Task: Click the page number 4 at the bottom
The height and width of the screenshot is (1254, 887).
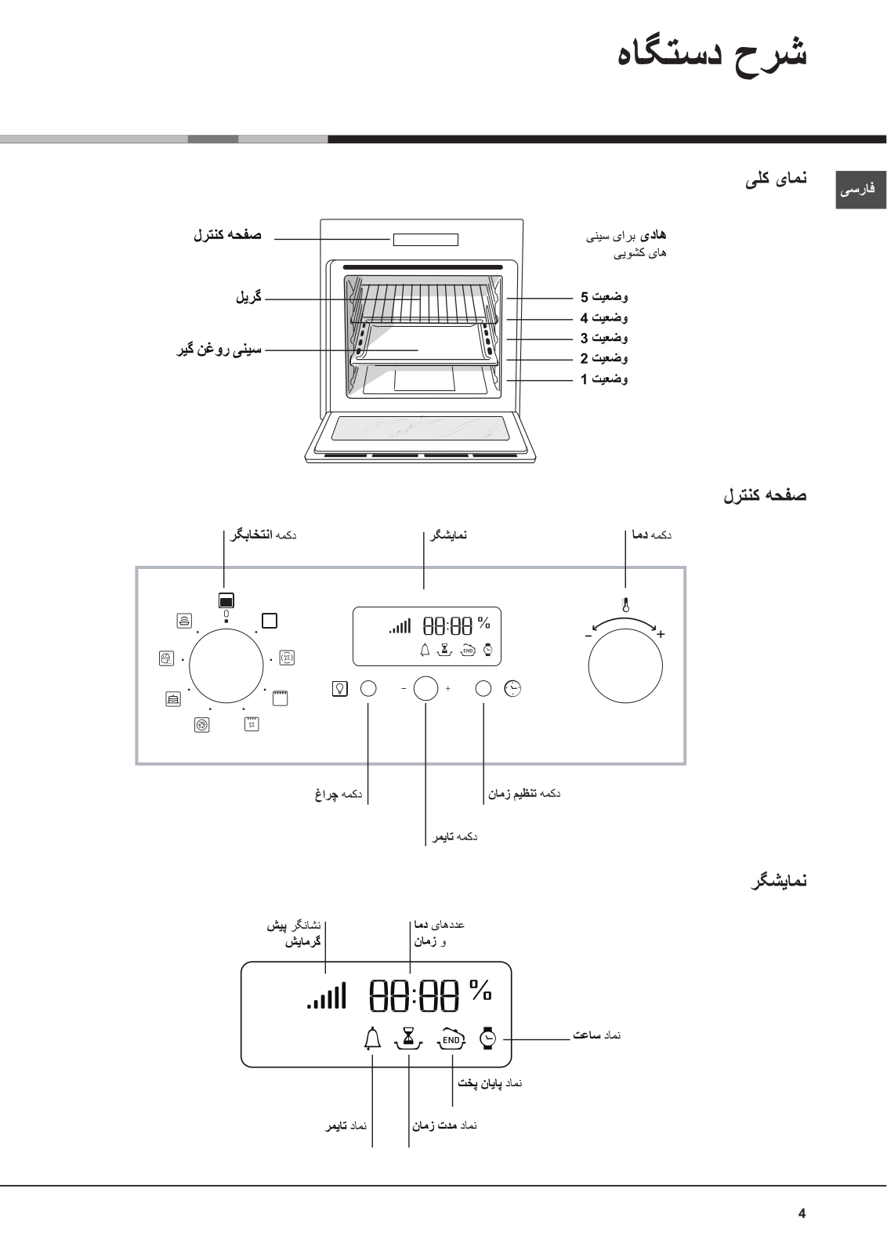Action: [x=802, y=1213]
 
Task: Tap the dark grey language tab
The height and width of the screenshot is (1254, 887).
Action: [x=860, y=190]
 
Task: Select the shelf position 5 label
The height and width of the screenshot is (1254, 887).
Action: [x=604, y=297]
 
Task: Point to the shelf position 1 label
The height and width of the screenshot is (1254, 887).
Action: [x=604, y=379]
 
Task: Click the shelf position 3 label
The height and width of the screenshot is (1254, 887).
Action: [x=604, y=338]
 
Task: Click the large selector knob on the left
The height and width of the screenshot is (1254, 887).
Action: [x=226, y=665]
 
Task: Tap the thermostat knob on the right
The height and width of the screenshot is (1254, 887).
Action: [x=625, y=666]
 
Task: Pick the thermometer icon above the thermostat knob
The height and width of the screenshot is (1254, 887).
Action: [x=625, y=604]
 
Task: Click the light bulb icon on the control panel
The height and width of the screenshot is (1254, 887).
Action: [x=340, y=689]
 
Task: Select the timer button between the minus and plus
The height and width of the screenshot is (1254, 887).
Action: [x=426, y=689]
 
